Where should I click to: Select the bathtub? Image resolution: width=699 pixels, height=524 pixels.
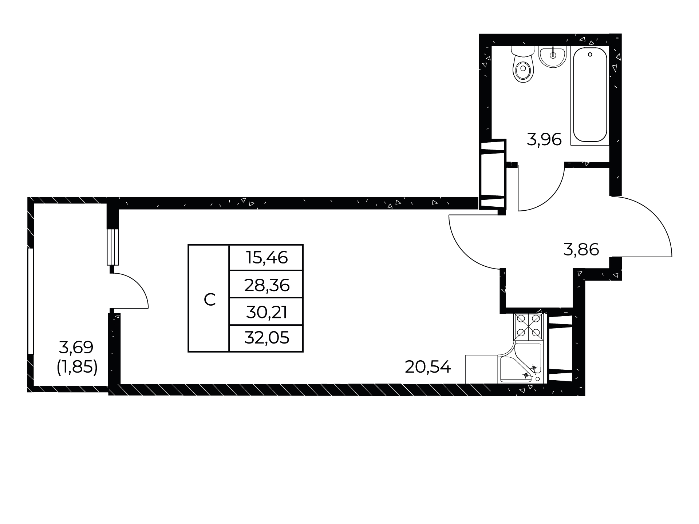(590, 96)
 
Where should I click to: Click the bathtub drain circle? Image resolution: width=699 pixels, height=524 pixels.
(590, 55)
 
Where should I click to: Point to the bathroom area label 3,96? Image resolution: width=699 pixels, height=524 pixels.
(544, 139)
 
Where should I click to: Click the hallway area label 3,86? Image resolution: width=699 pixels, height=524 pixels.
(581, 250)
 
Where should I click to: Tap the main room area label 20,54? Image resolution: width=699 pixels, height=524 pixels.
(428, 368)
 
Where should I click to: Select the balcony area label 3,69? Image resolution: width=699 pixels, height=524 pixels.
(76, 348)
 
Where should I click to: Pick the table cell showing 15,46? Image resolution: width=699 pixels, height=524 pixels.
(266, 258)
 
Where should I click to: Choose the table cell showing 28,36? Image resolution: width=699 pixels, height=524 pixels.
(266, 285)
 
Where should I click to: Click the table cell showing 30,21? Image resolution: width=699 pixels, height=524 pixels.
(266, 312)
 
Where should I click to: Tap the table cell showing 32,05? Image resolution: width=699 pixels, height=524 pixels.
(266, 338)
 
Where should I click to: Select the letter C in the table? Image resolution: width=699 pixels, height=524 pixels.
(210, 300)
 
